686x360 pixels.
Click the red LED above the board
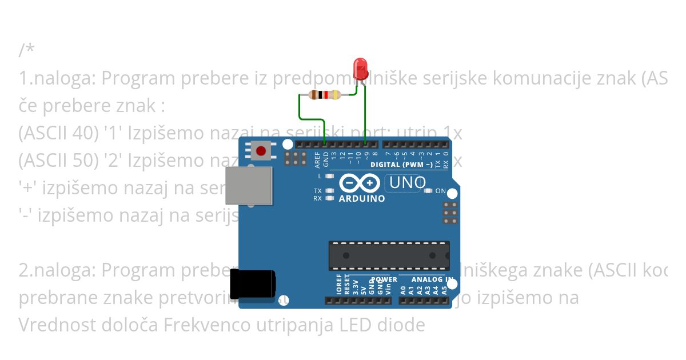[x=361, y=69]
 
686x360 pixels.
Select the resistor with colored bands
[x=324, y=95]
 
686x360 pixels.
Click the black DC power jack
[x=252, y=283]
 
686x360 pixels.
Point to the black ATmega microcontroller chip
[x=389, y=255]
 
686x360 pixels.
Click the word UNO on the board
[x=408, y=183]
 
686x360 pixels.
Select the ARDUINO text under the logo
[x=362, y=199]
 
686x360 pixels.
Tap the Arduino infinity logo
[x=360, y=183]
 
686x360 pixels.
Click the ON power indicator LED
[x=428, y=191]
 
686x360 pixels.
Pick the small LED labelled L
[x=329, y=176]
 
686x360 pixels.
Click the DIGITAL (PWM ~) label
[x=401, y=165]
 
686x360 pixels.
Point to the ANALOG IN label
[x=433, y=279]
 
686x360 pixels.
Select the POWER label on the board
[x=384, y=279]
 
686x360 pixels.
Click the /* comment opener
[x=26, y=50]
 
